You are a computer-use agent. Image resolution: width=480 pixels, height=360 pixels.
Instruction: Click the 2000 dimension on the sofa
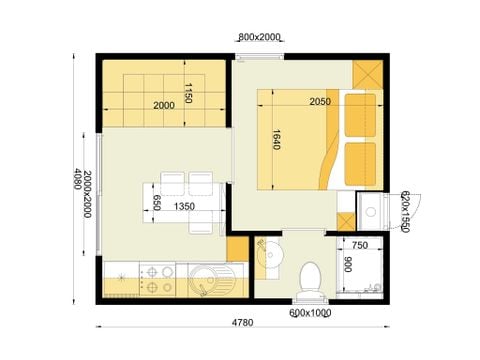pyautogui.click(x=165, y=104)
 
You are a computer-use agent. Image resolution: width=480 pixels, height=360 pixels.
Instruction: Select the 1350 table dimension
pyautogui.click(x=184, y=206)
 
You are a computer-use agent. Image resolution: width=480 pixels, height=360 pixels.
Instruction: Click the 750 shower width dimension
pyautogui.click(x=360, y=245)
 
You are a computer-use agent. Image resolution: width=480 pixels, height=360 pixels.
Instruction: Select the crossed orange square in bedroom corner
pyautogui.click(x=367, y=76)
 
